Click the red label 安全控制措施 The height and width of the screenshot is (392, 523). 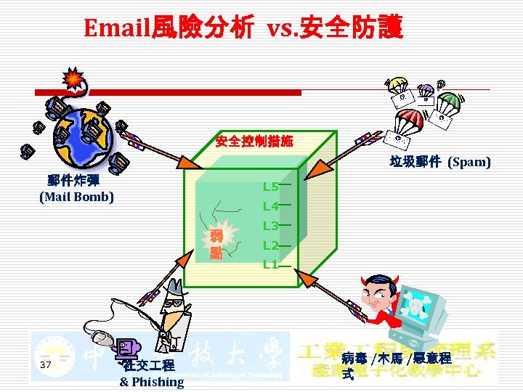tap(255, 142)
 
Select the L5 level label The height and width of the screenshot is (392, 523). tap(271, 187)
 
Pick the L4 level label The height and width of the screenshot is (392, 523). tap(271, 206)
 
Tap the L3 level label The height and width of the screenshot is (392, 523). tap(271, 226)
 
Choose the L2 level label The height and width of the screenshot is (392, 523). tap(271, 245)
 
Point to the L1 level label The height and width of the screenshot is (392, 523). tap(271, 265)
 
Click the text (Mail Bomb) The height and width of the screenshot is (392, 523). tap(76, 197)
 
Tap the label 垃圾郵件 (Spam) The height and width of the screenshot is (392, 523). tap(439, 162)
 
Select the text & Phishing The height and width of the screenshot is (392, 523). tap(152, 382)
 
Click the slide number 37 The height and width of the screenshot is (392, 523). tap(46, 364)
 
